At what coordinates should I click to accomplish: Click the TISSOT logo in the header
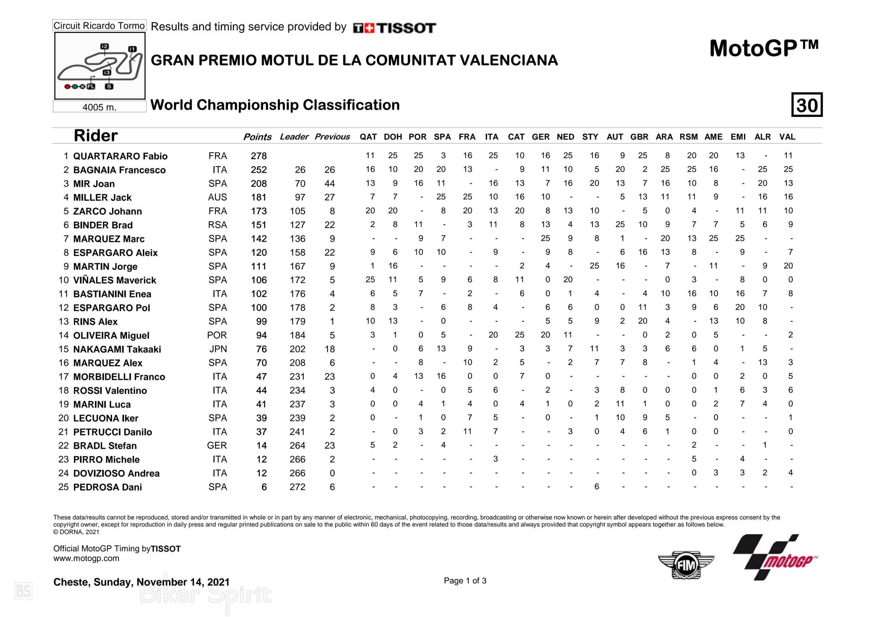[394, 28]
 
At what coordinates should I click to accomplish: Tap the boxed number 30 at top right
[807, 105]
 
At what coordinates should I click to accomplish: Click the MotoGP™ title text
[764, 49]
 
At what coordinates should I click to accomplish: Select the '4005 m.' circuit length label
[99, 107]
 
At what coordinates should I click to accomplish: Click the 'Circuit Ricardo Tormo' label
[99, 26]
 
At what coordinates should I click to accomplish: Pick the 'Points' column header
[257, 137]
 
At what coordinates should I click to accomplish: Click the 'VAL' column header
[787, 137]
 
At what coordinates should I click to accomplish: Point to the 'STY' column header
[590, 137]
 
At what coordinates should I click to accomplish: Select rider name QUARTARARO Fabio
[120, 156]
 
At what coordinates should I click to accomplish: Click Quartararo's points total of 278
[258, 156]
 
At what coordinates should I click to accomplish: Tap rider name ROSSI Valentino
[110, 391]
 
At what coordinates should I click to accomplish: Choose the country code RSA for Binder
[217, 225]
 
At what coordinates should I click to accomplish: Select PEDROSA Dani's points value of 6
[264, 487]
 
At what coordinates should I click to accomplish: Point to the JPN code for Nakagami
[218, 349]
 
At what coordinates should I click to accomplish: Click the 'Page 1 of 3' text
[465, 581]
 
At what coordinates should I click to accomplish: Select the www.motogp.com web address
[86, 558]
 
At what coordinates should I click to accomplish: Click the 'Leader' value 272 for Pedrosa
[297, 487]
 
